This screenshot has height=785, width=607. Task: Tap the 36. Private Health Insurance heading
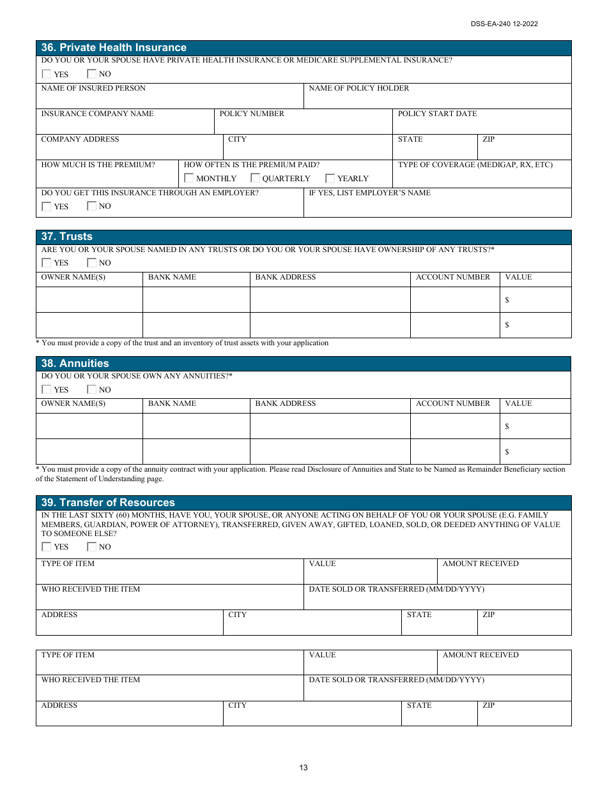[114, 48]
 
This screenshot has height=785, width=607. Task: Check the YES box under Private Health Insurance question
[47, 74]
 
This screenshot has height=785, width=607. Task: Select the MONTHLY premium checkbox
[189, 179]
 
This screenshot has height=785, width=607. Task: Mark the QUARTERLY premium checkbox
[255, 179]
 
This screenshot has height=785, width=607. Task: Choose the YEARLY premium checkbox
[330, 179]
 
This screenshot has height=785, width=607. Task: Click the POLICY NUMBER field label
[252, 114]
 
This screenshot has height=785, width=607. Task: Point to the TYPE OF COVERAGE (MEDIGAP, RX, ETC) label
[475, 165]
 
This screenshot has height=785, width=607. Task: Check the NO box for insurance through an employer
[91, 206]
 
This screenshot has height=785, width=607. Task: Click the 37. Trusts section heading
[66, 237]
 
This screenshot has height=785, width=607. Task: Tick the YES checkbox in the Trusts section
[47, 263]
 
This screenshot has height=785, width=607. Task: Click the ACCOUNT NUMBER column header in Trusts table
[452, 277]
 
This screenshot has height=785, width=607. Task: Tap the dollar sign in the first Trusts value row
[507, 300]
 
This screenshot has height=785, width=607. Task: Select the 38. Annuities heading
[75, 364]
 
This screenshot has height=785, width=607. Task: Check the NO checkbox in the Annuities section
[91, 390]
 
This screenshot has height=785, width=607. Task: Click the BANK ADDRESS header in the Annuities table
[285, 403]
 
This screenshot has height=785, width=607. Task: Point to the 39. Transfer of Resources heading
[108, 503]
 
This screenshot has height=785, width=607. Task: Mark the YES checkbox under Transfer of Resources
[47, 547]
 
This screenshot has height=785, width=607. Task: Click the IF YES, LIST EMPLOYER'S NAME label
[369, 193]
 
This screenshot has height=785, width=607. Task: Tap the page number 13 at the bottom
[303, 768]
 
